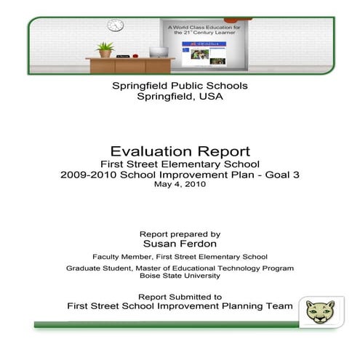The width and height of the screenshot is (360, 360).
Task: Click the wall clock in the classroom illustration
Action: click(116, 25)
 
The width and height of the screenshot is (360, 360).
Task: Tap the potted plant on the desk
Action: click(105, 49)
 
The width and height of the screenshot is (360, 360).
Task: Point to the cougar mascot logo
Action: click(316, 311)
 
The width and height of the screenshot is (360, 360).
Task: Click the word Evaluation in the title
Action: click(149, 151)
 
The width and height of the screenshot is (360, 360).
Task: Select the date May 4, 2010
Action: click(180, 185)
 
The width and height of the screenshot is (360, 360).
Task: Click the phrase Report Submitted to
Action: click(180, 296)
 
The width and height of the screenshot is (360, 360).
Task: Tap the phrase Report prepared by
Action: click(180, 234)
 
